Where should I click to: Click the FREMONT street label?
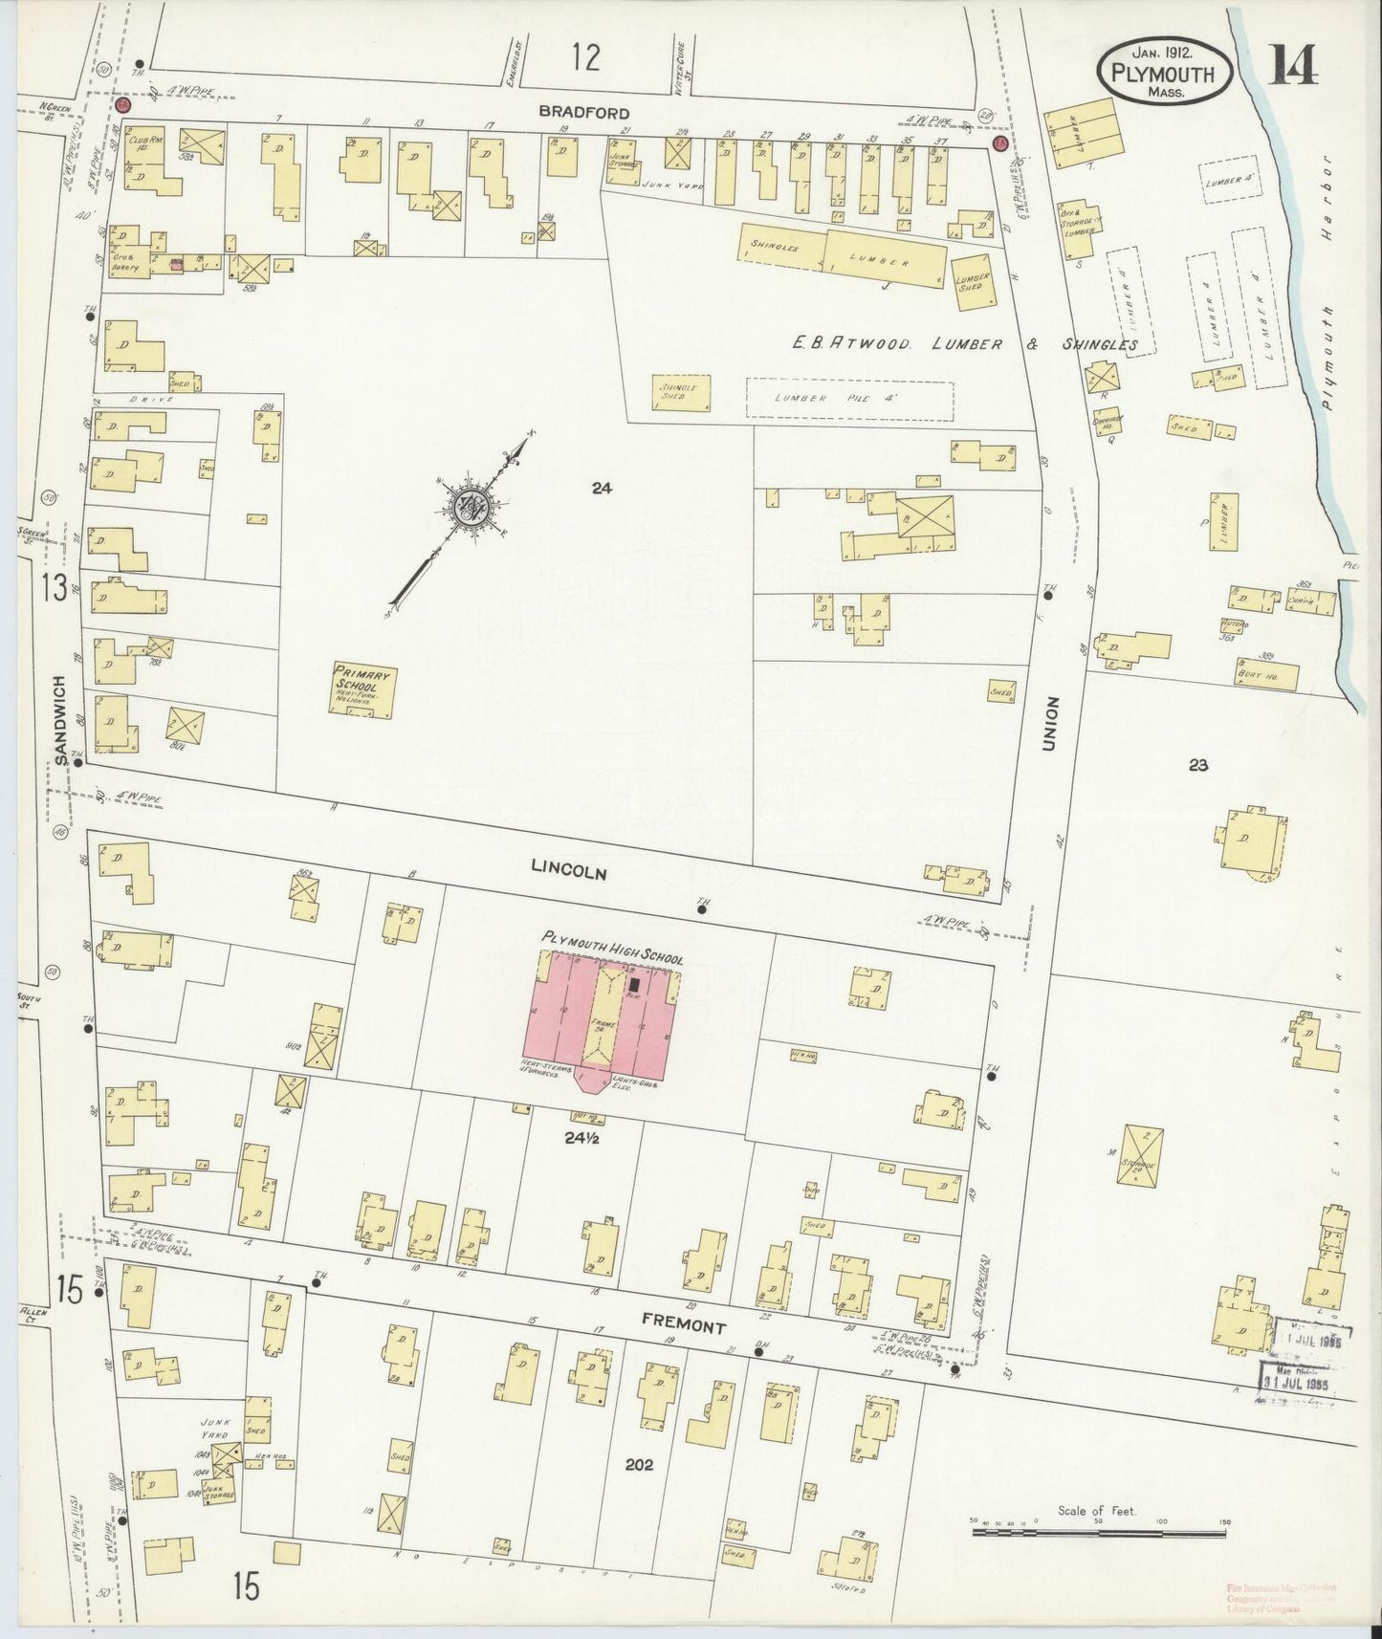pos(685,1327)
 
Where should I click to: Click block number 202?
pos(638,1464)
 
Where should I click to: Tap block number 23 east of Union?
pos(1198,764)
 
